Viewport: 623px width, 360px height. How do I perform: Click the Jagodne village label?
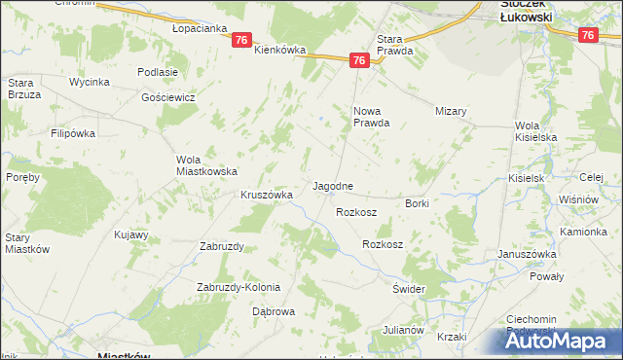(332, 185)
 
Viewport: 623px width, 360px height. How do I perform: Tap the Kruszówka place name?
(267, 195)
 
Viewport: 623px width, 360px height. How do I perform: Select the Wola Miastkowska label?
(206, 165)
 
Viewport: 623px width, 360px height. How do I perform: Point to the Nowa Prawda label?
(371, 117)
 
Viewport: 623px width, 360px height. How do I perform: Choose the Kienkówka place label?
(279, 50)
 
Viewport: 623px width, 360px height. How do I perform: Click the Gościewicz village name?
(168, 98)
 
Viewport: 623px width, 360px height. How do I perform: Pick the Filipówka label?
(77, 131)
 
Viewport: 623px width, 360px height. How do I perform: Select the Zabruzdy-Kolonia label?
(238, 287)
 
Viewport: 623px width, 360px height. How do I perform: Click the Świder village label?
(410, 290)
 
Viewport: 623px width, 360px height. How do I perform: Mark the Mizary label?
(452, 112)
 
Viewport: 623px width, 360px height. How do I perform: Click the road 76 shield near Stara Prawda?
(359, 60)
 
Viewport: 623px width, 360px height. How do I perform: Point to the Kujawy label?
(130, 234)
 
